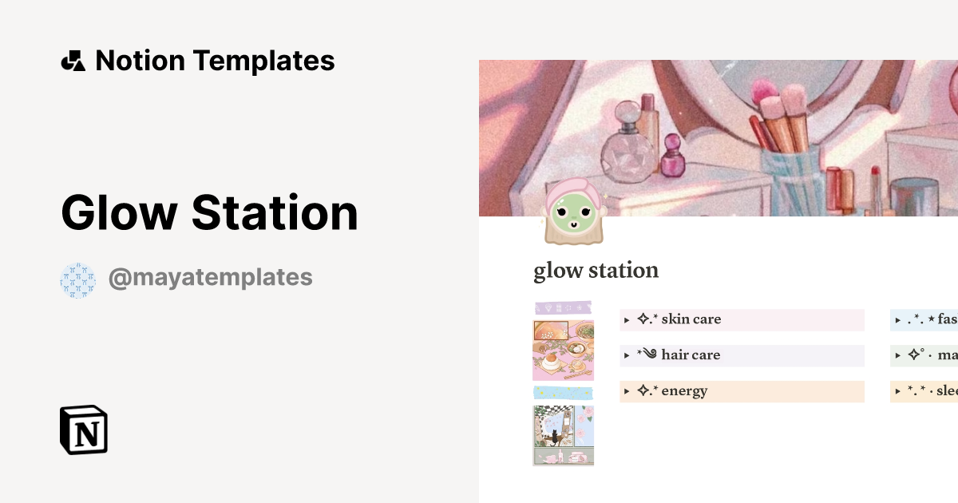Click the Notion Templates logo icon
tap(73, 61)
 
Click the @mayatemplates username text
tap(210, 278)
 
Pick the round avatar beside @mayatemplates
tap(77, 280)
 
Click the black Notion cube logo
tap(84, 430)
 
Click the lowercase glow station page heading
tap(596, 271)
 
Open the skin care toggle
tap(691, 319)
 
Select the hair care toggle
tap(691, 355)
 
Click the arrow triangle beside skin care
tap(627, 320)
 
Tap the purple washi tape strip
tap(563, 307)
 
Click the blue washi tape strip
tap(563, 393)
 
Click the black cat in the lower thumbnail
tap(552, 437)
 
